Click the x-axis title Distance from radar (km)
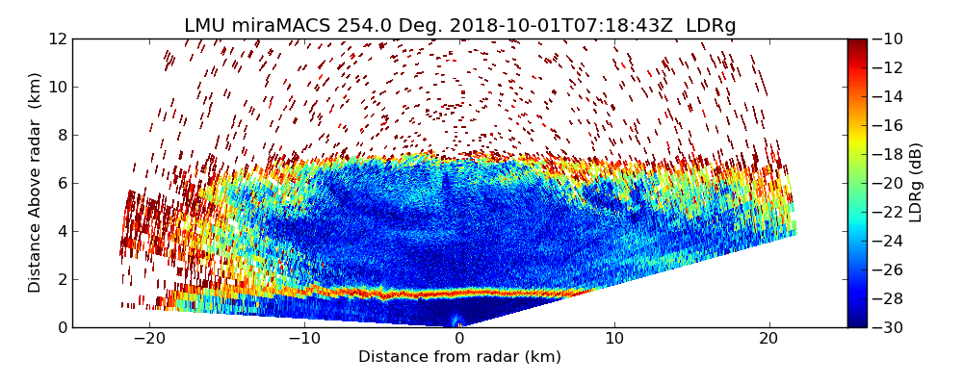tap(459, 357)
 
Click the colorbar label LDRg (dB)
tap(916, 182)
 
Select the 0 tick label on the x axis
tap(459, 339)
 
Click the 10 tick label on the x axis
tap(614, 339)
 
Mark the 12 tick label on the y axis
tap(57, 38)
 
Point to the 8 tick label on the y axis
tap(61, 135)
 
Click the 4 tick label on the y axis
tap(61, 231)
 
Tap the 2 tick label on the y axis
tap(61, 279)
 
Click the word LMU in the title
tap(204, 26)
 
